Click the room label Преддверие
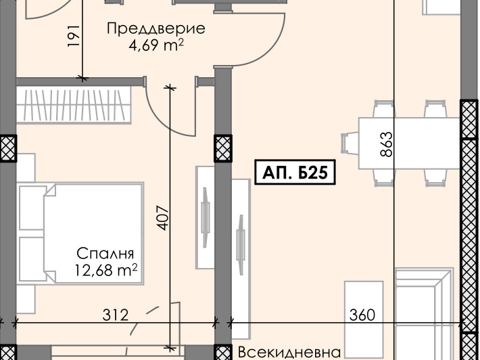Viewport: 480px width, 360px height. point(156,29)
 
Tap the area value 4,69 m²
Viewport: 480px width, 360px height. point(156,46)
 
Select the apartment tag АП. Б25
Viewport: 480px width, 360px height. point(295,173)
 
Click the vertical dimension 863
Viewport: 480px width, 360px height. point(386,144)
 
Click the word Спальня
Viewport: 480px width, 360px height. point(105,254)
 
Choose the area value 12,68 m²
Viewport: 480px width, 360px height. point(106,271)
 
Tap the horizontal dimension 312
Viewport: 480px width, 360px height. point(116,315)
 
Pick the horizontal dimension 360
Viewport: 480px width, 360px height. point(362,315)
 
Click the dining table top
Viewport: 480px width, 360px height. point(408,144)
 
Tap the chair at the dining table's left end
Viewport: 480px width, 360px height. point(350,144)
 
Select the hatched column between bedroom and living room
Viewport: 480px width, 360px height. point(222,148)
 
